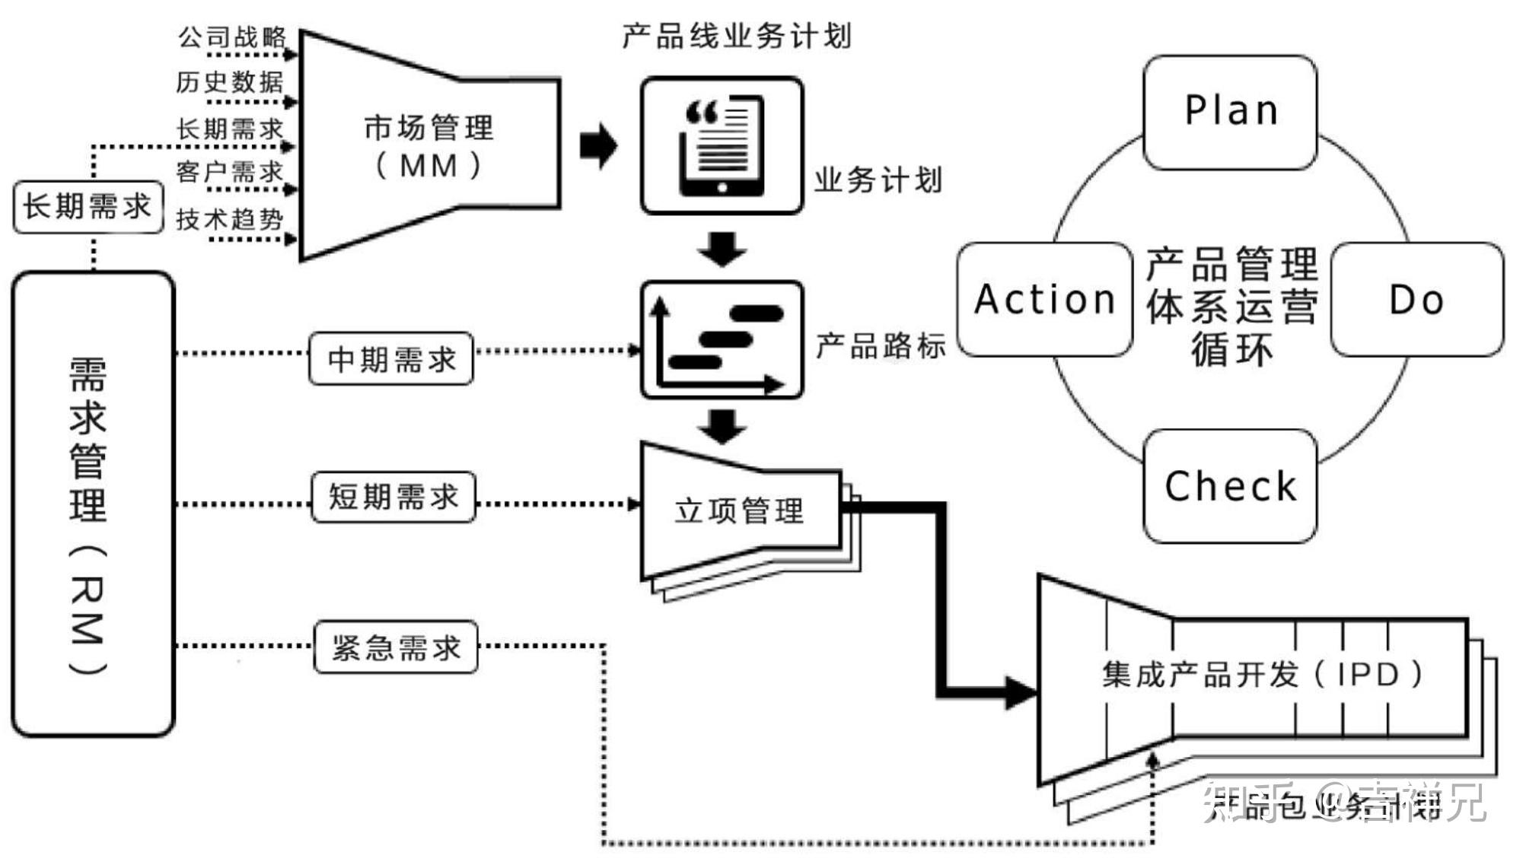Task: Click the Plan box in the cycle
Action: [1230, 112]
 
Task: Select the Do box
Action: [1416, 299]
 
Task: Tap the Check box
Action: [1230, 486]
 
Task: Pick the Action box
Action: [1044, 299]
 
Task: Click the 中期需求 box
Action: [391, 358]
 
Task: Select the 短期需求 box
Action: [393, 497]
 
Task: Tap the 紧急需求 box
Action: [396, 647]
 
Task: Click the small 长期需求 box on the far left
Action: [88, 206]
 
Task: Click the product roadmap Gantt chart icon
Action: [722, 340]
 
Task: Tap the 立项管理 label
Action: [738, 510]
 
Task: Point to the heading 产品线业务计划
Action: [736, 36]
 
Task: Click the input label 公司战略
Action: [232, 37]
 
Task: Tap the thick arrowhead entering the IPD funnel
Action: [1020, 692]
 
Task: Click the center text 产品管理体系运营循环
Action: [1231, 306]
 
